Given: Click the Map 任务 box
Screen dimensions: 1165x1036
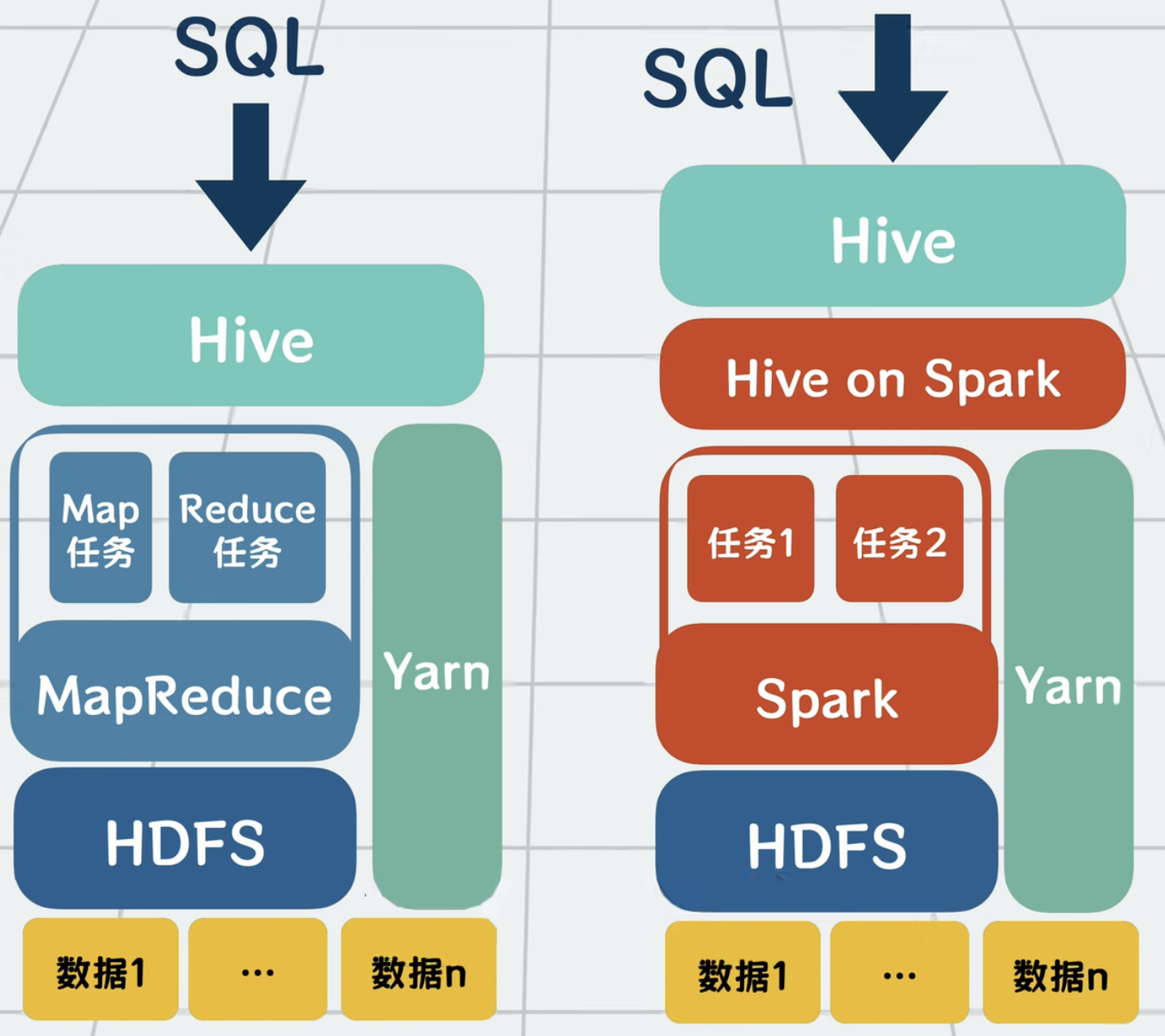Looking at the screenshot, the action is pyautogui.click(x=101, y=527).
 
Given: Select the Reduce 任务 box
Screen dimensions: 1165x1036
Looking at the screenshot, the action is pyautogui.click(x=247, y=527).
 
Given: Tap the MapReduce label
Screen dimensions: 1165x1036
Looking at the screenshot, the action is pyautogui.click(x=185, y=697).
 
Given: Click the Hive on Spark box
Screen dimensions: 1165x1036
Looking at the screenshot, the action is pyautogui.click(x=892, y=374).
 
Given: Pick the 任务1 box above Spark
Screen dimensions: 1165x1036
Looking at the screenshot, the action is pyautogui.click(x=750, y=539).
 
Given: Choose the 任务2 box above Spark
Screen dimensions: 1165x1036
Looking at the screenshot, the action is pyautogui.click(x=899, y=539).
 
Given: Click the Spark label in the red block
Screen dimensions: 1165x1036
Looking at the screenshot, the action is pyautogui.click(x=827, y=700).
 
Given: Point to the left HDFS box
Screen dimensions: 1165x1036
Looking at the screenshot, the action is pyautogui.click(x=185, y=839).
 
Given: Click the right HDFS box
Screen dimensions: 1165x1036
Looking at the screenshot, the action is pyautogui.click(x=827, y=842).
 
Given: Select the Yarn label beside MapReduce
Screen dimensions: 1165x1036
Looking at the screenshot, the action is pyautogui.click(x=436, y=671).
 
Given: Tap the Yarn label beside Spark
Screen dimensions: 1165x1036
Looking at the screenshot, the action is pyautogui.click(x=1068, y=685).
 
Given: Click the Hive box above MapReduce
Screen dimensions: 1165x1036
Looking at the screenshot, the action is pyautogui.click(x=250, y=336).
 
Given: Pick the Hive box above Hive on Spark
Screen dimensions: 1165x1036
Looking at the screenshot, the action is pyautogui.click(x=892, y=236).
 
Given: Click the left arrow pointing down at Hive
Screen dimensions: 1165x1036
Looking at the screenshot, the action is pyautogui.click(x=250, y=177).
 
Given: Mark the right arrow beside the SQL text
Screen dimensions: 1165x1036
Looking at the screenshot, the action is pyautogui.click(x=892, y=88).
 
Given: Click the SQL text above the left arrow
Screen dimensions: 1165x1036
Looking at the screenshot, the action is pyautogui.click(x=249, y=47).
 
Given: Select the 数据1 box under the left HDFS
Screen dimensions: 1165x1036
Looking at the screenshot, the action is pyautogui.click(x=101, y=969).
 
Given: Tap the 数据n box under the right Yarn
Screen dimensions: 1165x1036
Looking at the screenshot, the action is pyautogui.click(x=1061, y=972).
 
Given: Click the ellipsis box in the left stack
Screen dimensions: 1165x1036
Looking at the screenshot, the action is pyautogui.click(x=257, y=969).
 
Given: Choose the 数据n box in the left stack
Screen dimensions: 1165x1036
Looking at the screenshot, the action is pyautogui.click(x=419, y=969).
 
